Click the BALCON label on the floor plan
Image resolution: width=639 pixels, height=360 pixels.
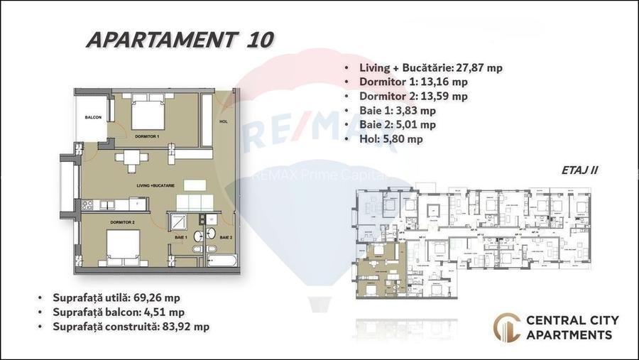click(x=92, y=117)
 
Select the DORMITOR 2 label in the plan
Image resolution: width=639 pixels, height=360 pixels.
click(x=123, y=222)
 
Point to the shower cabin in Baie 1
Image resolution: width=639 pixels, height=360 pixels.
click(x=177, y=223)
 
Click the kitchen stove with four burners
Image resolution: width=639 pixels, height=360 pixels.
click(x=89, y=205)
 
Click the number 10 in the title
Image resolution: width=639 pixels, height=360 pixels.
click(x=259, y=40)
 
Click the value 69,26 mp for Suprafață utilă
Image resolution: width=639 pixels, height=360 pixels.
click(x=165, y=297)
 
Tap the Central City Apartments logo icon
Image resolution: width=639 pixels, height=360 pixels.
click(x=506, y=327)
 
